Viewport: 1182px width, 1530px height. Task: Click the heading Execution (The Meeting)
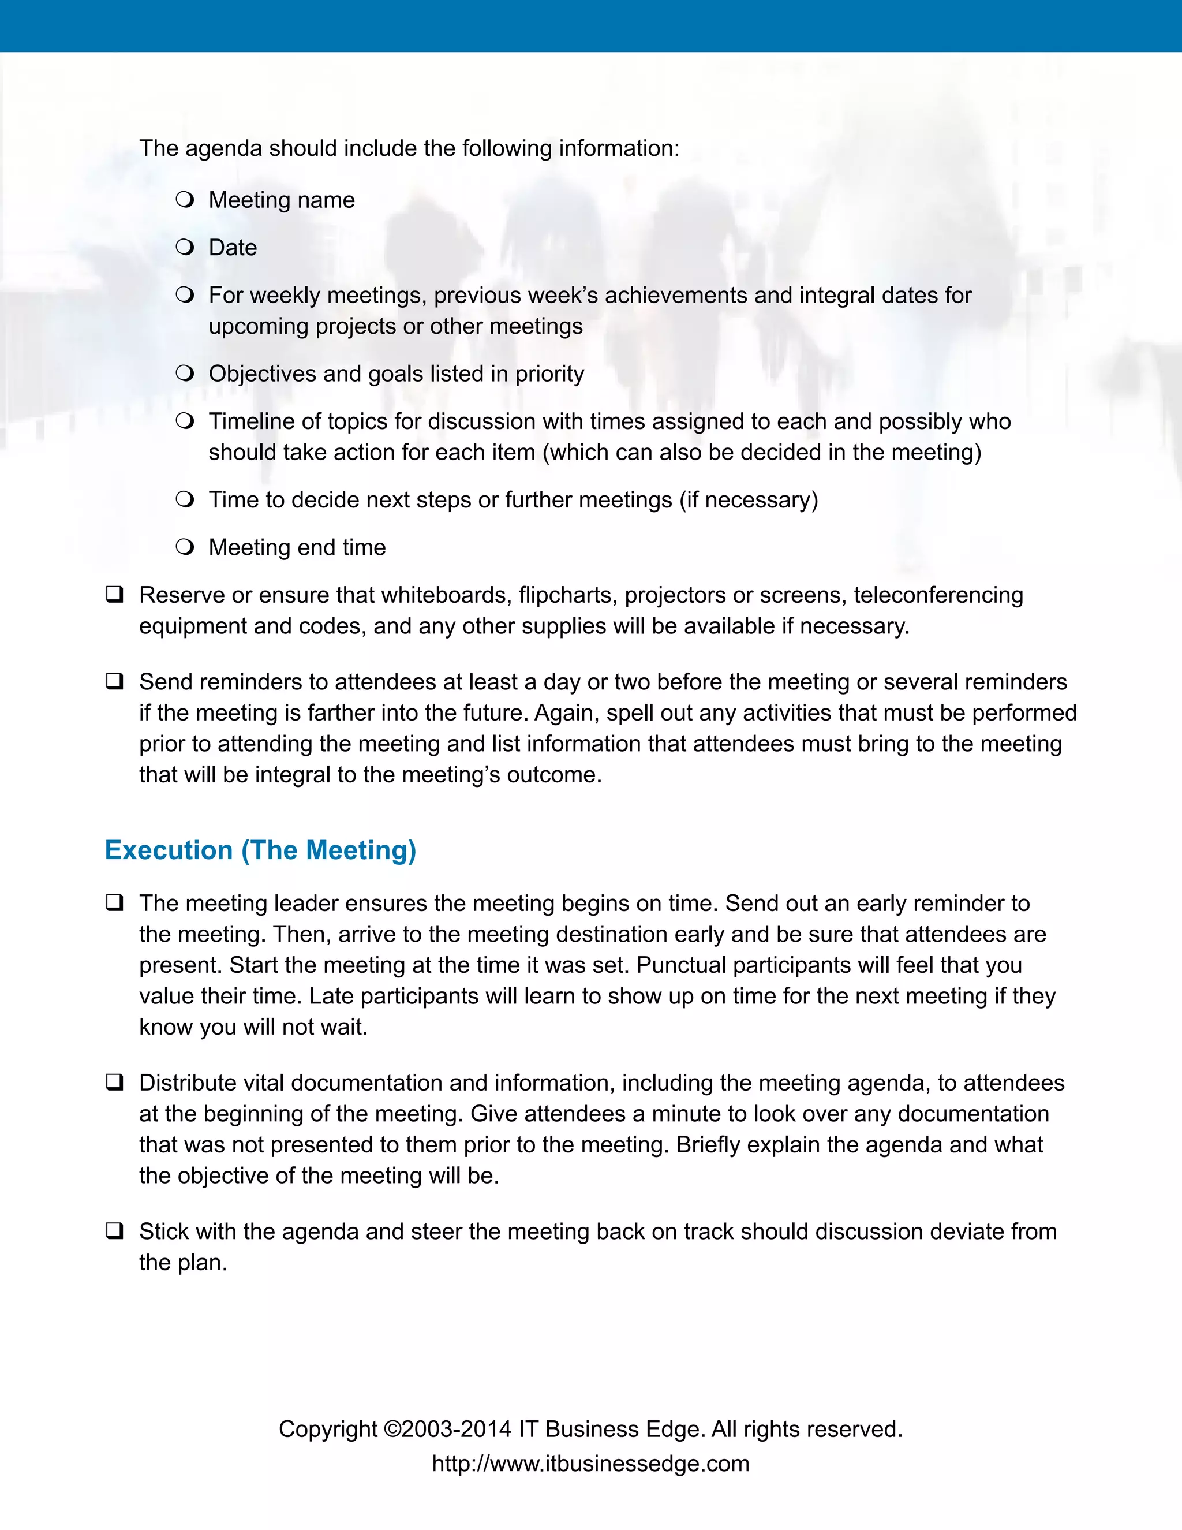[260, 850]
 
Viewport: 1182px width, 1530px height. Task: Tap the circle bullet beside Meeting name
[185, 200]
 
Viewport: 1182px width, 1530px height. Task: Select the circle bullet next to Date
[185, 247]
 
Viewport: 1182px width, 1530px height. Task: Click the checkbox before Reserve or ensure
[115, 595]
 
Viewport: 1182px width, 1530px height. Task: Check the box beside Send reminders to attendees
[115, 681]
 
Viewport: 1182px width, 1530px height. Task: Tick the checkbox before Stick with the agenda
[115, 1231]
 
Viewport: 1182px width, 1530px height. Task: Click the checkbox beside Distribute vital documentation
[115, 1083]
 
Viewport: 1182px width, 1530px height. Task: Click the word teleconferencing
[938, 595]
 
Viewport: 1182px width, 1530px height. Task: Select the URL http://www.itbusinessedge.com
[590, 1464]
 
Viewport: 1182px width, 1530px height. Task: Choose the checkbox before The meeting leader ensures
[115, 903]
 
